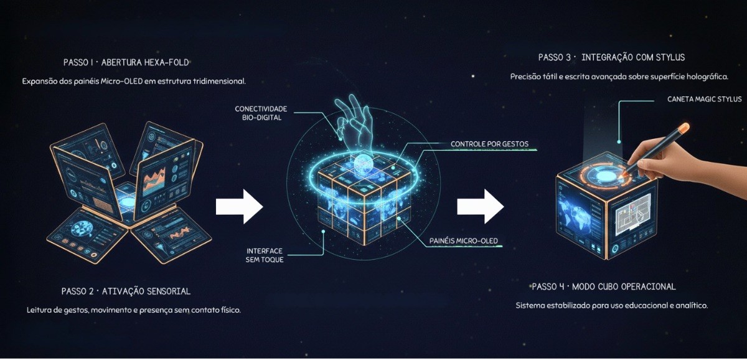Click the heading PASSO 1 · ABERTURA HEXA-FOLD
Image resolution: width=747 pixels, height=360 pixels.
click(126, 62)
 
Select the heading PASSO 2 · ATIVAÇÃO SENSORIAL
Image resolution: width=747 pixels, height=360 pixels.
click(126, 291)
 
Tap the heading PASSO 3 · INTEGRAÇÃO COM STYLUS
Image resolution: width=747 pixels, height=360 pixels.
click(611, 57)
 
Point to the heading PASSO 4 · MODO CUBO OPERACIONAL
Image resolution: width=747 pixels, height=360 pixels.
click(604, 287)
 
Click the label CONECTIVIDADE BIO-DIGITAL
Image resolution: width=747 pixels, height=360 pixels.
click(261, 113)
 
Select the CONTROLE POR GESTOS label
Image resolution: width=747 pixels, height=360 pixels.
click(489, 144)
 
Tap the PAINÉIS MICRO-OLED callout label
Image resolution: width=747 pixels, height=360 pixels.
click(464, 240)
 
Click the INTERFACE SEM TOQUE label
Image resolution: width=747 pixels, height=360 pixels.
click(265, 255)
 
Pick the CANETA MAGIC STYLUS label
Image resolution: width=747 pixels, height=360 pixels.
click(704, 99)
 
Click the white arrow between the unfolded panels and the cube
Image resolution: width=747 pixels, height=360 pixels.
click(240, 206)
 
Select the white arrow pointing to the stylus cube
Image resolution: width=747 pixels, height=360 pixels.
click(480, 206)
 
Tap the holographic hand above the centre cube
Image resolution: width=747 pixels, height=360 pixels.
click(354, 125)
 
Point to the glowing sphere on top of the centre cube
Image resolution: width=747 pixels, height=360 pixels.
click(363, 163)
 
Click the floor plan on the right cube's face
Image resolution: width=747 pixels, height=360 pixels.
click(632, 214)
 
